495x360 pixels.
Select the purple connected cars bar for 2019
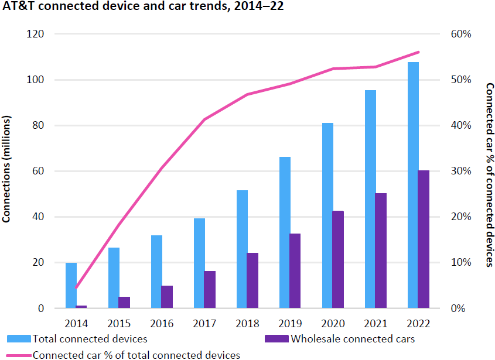coord(295,271)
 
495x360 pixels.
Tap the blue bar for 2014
coord(71,286)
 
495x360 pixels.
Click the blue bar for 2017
coord(199,263)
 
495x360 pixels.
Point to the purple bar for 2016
coord(167,297)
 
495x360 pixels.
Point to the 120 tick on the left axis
coord(37,34)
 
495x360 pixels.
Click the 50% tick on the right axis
coord(460,80)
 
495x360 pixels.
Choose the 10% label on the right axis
coord(460,262)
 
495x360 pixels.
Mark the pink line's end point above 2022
coord(419,52)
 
